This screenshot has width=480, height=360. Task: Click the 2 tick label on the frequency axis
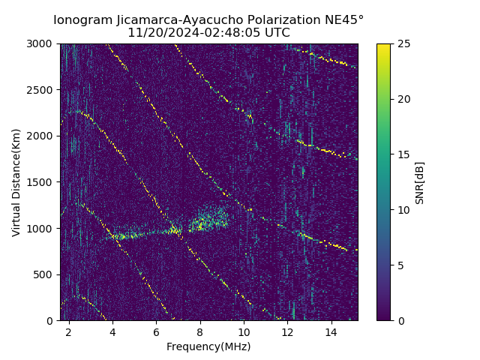(69, 331)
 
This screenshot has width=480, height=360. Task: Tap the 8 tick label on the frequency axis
(200, 331)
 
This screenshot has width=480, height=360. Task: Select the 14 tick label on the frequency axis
(331, 331)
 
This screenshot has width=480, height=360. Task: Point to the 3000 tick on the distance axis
(42, 43)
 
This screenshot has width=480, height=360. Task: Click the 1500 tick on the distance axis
(42, 182)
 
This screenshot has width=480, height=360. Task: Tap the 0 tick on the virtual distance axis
(52, 320)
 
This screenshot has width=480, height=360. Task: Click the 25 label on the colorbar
(403, 43)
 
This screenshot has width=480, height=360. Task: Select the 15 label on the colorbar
(403, 154)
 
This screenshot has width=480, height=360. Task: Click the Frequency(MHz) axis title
(208, 346)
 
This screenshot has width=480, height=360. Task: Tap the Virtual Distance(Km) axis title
(16, 182)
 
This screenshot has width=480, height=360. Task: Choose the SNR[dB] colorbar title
(420, 182)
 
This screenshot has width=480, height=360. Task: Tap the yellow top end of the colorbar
(383, 46)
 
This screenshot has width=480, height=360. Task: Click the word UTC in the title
(277, 33)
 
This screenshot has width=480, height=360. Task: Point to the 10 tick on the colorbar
(403, 210)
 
